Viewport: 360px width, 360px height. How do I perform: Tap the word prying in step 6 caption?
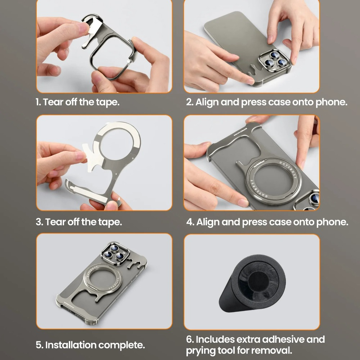tap(199, 350)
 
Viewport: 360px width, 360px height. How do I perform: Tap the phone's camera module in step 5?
tap(114, 252)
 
